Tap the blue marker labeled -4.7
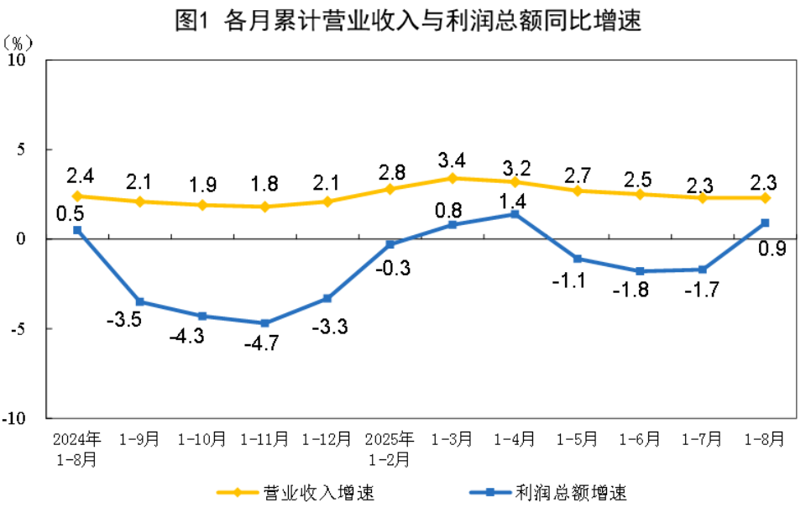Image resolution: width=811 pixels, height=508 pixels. pos(265,323)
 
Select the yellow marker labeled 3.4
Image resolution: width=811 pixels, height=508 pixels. pos(453,178)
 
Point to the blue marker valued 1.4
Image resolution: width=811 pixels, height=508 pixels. pos(515,214)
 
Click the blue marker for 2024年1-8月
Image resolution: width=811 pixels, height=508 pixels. pos(77,230)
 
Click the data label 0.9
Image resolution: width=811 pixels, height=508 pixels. pos(772,249)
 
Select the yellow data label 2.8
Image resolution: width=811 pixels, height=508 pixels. pos(392,173)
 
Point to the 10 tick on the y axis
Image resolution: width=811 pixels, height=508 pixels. pos(32,60)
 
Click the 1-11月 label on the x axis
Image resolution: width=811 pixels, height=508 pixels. pos(265,439)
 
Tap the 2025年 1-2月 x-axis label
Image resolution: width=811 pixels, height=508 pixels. pos(390,449)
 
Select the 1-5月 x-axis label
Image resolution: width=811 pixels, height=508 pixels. pos(578,439)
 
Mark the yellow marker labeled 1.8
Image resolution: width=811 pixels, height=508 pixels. pos(265,207)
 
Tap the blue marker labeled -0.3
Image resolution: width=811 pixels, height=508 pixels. pos(390,244)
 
